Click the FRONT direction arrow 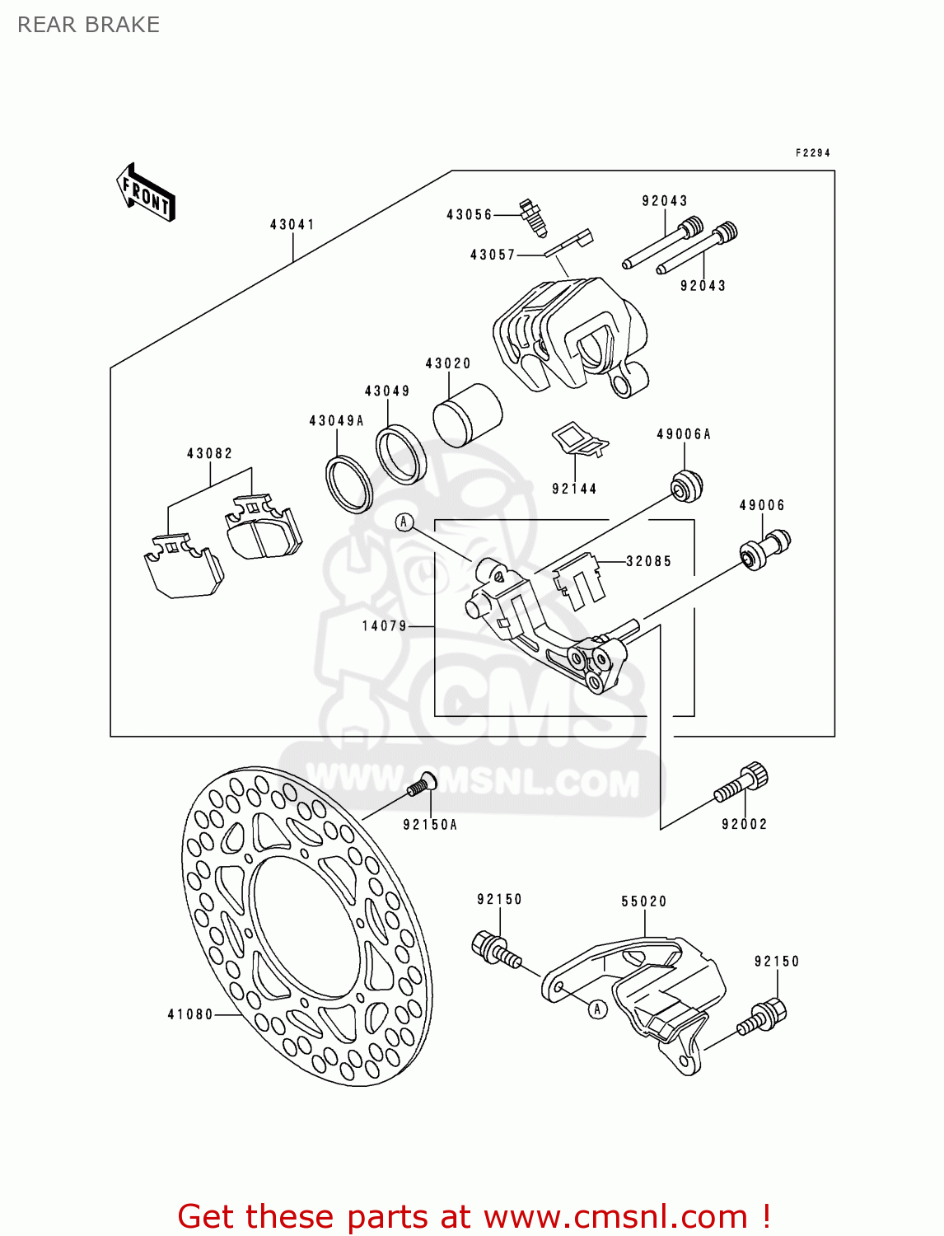click(x=146, y=192)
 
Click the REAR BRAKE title click(x=88, y=26)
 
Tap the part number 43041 click(x=292, y=224)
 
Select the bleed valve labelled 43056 click(x=532, y=217)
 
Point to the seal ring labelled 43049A click(x=349, y=483)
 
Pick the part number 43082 click(x=209, y=453)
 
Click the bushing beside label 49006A click(x=685, y=485)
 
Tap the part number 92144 click(x=574, y=489)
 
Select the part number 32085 click(x=649, y=561)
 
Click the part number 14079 click(x=385, y=626)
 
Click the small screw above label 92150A click(x=422, y=784)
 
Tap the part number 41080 click(x=190, y=1014)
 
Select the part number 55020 click(x=643, y=901)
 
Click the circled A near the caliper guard click(x=598, y=1009)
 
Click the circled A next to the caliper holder click(x=404, y=522)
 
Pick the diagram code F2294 click(x=812, y=153)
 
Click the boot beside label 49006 click(x=764, y=548)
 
